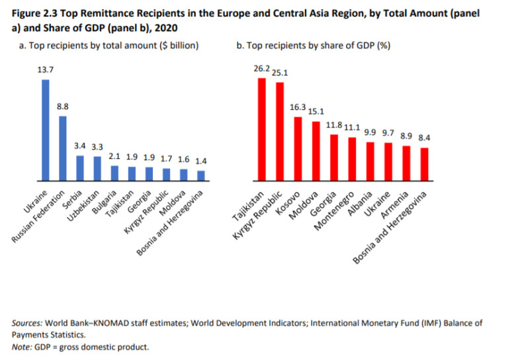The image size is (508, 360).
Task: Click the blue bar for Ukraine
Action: coord(46,130)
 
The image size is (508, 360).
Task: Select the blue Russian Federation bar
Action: coord(63,148)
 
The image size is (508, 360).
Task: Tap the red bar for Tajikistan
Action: coord(262,129)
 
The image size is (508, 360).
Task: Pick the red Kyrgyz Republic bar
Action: coord(279,131)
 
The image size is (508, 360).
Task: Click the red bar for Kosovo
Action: coord(298,148)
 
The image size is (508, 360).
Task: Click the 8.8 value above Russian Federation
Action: coord(63,106)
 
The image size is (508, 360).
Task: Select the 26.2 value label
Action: coord(261,68)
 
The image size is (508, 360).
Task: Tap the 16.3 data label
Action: coord(297,107)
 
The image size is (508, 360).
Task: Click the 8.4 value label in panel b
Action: coord(425,138)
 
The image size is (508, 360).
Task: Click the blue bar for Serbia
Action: coord(80,167)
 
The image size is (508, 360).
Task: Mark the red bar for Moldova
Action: coord(316,151)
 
